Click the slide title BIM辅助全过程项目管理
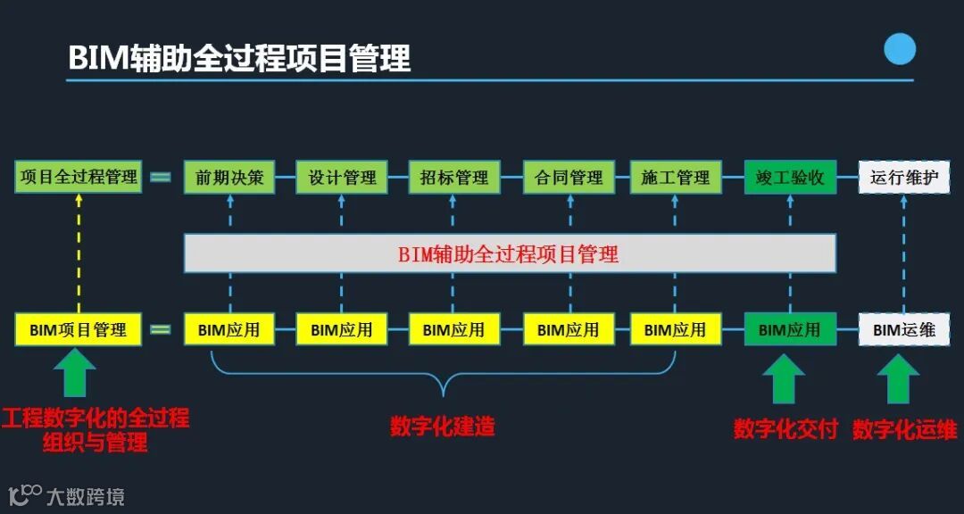point(239,58)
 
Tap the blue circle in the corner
point(900,48)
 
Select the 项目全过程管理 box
point(79,177)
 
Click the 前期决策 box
point(229,177)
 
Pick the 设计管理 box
point(342,177)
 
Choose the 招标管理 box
point(454,177)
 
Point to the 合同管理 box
point(569,177)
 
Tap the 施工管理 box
point(676,177)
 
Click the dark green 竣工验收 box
point(790,177)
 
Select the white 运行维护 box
point(903,177)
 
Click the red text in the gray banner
point(508,254)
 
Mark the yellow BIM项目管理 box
point(79,329)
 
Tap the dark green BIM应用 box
point(790,329)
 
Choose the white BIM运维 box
point(903,329)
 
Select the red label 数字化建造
point(442,427)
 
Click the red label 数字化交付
point(785,429)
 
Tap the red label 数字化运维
point(904,429)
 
